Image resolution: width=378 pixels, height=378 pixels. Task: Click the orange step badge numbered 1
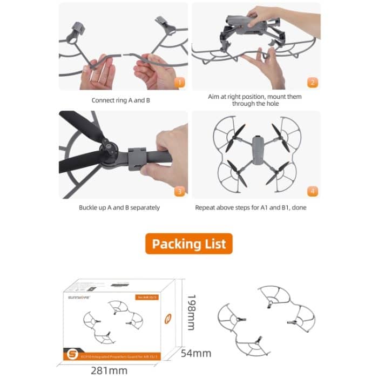point(179,83)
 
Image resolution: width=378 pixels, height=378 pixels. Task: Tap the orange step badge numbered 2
point(312,83)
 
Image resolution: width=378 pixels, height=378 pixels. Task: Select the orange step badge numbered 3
point(179,191)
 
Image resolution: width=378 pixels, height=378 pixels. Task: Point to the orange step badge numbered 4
point(312,191)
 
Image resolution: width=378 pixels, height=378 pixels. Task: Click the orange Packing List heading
point(188,244)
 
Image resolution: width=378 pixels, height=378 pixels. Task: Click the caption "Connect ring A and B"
point(121,100)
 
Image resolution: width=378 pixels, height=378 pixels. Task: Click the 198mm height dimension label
point(190,314)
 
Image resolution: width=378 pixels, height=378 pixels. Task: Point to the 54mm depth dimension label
point(197,353)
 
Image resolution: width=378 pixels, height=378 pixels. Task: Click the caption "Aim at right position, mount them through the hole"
point(255,100)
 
